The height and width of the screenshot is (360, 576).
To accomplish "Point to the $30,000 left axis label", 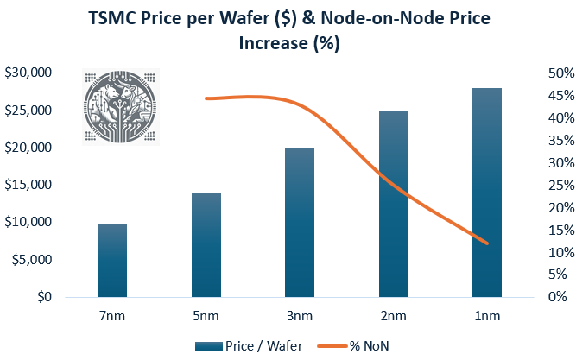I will click(28, 73).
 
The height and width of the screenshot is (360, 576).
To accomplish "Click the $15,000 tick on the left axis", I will click(28, 185).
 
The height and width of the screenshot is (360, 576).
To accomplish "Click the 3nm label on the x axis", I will click(300, 316).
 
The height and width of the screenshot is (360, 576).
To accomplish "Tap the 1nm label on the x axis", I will click(487, 316).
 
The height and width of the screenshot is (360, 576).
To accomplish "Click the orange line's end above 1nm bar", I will click(488, 243).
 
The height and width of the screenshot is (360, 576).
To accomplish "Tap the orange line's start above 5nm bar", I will click(206, 98).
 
